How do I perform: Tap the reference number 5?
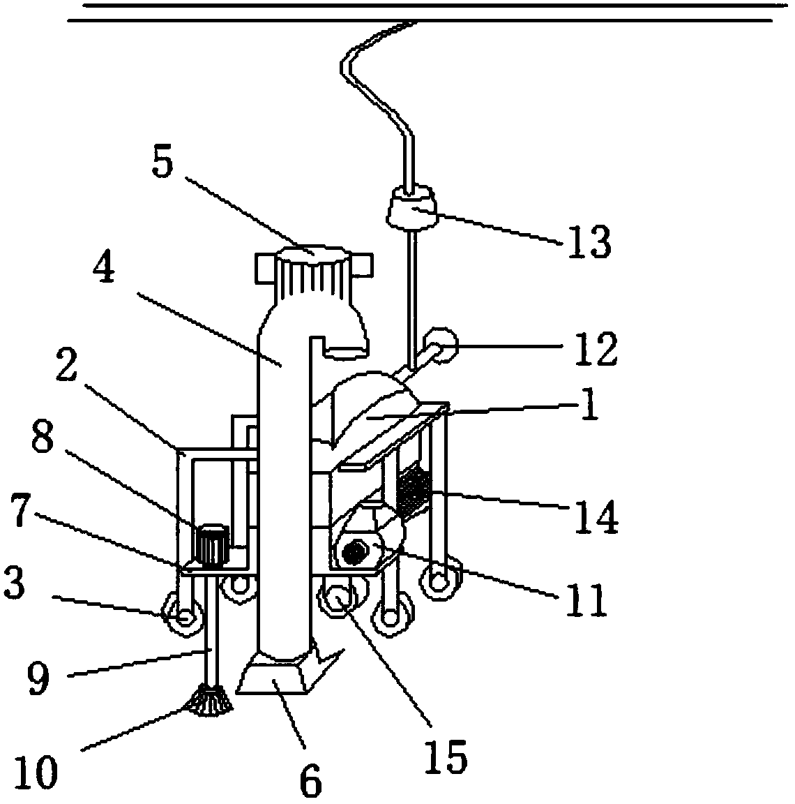point(163,163)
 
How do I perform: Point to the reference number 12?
point(596,349)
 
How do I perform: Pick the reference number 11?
point(587,600)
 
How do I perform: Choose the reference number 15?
point(446,756)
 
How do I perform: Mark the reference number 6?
point(310,780)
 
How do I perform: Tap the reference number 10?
point(36,772)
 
